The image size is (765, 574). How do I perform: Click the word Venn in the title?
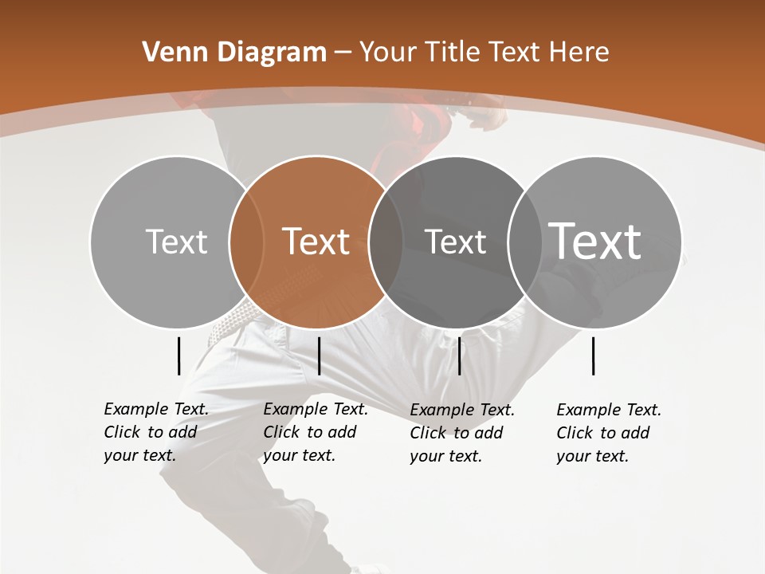(x=169, y=53)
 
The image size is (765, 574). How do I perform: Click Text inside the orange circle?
(x=316, y=242)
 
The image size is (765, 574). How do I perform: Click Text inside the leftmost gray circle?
(x=176, y=242)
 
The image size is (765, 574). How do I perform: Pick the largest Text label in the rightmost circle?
(x=595, y=241)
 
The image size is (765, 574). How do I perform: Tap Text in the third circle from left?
(x=455, y=242)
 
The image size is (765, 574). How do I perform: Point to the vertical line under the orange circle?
(x=319, y=356)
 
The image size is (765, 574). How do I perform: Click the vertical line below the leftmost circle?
(x=178, y=356)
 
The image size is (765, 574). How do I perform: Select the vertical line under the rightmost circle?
(x=594, y=356)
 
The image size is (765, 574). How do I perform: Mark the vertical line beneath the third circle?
(x=459, y=356)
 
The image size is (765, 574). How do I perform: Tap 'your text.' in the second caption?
(x=299, y=455)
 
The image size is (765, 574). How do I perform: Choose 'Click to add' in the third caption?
(x=457, y=433)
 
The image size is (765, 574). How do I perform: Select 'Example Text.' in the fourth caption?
(x=609, y=410)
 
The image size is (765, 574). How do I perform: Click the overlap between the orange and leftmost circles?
(x=245, y=242)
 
